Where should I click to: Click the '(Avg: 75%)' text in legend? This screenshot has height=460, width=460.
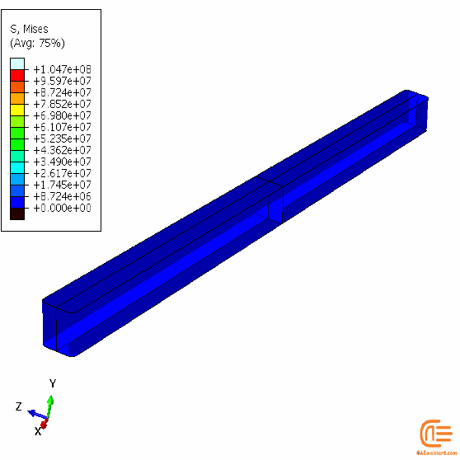(x=37, y=42)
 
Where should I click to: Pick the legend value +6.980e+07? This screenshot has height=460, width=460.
(x=62, y=115)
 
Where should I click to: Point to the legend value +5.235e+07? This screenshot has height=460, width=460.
(x=62, y=138)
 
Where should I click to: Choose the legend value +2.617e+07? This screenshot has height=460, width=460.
(x=62, y=173)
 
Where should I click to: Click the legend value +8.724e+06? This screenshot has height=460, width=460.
(x=62, y=196)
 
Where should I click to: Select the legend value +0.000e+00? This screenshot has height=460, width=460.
(x=62, y=208)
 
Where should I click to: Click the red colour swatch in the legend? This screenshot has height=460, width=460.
(x=17, y=75)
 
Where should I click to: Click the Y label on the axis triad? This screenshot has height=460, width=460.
(x=52, y=383)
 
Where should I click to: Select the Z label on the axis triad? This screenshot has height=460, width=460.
(x=18, y=406)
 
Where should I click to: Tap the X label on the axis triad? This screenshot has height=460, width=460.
(x=37, y=430)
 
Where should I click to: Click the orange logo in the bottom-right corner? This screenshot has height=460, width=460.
(x=434, y=434)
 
